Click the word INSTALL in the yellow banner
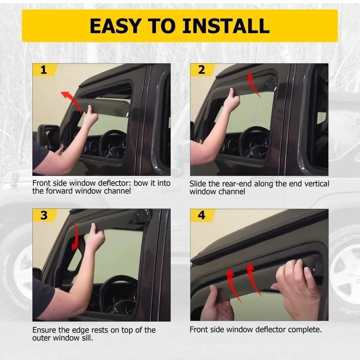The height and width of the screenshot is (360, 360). (x=226, y=26)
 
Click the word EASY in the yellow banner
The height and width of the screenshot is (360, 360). (x=115, y=26)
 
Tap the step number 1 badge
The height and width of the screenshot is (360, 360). (x=44, y=70)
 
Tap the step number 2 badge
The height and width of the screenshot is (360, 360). (x=202, y=70)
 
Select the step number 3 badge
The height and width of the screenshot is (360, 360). (x=44, y=215)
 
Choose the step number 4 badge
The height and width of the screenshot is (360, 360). (x=202, y=215)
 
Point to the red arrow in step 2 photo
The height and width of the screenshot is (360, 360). (x=253, y=85)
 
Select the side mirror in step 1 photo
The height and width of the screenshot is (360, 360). (x=49, y=136)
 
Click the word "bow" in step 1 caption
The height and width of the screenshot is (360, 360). (x=141, y=183)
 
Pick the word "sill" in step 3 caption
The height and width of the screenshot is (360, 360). (x=89, y=338)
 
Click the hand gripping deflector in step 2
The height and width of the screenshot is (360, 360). (x=232, y=101)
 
